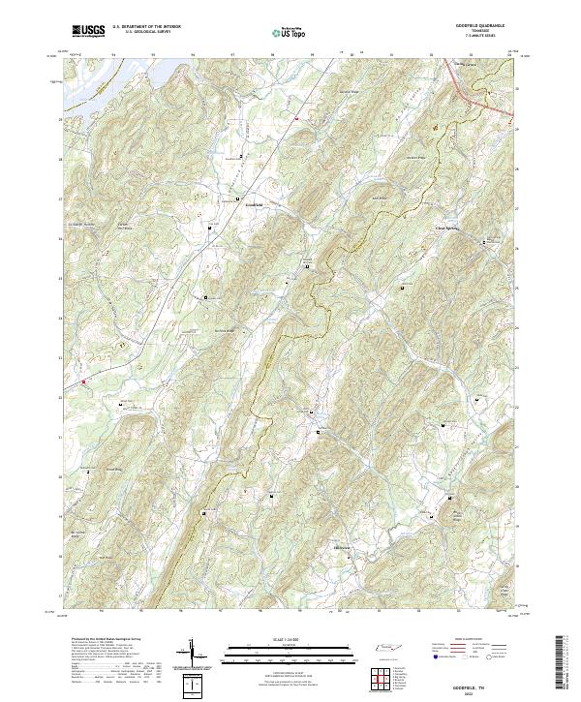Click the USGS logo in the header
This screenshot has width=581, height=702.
pos(88,31)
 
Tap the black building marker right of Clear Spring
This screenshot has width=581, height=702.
pos(484,241)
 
